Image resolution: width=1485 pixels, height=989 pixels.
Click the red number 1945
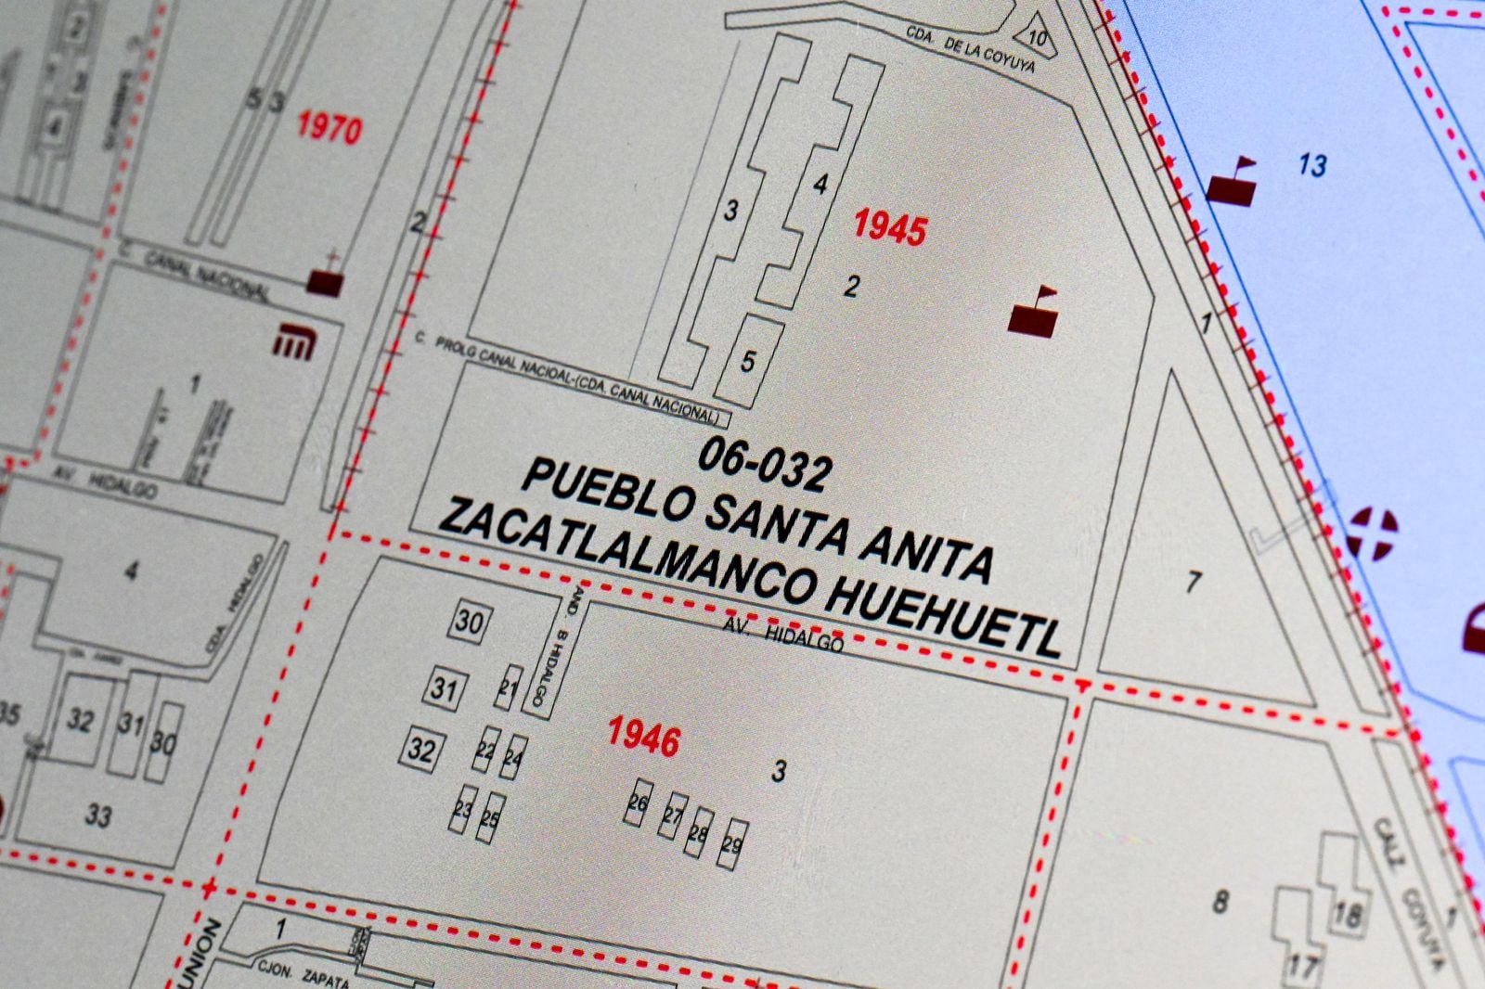pos(889,226)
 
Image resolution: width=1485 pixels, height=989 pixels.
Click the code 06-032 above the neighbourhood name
pos(763,465)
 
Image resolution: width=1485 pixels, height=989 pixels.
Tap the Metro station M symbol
pos(296,344)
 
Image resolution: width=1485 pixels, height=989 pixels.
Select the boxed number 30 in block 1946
pos(469,621)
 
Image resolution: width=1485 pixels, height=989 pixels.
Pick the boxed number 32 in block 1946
pos(420,749)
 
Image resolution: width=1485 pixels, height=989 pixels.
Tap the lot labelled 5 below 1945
pos(748,360)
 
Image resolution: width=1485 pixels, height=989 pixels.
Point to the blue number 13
pos(1312,166)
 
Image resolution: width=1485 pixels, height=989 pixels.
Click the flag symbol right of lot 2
pos(1033,312)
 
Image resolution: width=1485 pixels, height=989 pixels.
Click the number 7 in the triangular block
pos(1194,583)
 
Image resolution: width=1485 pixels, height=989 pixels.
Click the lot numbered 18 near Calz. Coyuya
pos(1346,914)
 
